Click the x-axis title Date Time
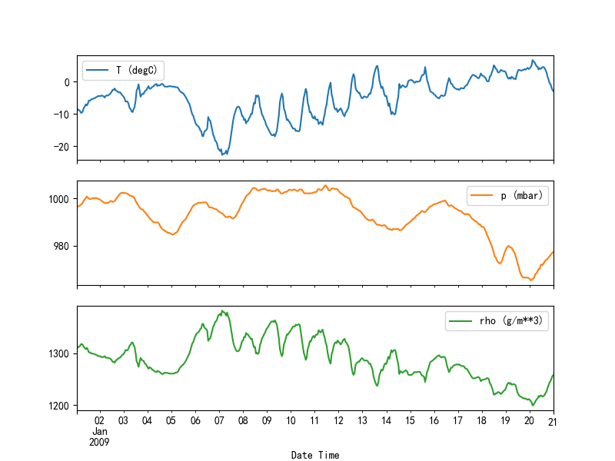pyautogui.click(x=315, y=455)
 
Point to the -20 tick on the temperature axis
pyautogui.click(x=63, y=146)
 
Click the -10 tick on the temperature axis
pyautogui.click(x=63, y=114)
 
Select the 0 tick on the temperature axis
pyautogui.click(x=67, y=82)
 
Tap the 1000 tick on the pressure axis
pyautogui.click(x=60, y=199)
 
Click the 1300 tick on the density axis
pyautogui.click(x=60, y=353)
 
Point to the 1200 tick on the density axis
pyautogui.click(x=60, y=405)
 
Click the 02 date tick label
pyautogui.click(x=99, y=421)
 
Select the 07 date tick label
pyautogui.click(x=219, y=421)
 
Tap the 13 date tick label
pyautogui.click(x=362, y=421)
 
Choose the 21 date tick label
pyautogui.click(x=553, y=421)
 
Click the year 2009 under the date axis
pyautogui.click(x=99, y=442)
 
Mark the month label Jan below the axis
pyautogui.click(x=99, y=431)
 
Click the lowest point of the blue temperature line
pyautogui.click(x=222, y=154)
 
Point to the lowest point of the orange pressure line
pyautogui.click(x=530, y=280)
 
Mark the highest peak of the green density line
pyautogui.click(x=221, y=310)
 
